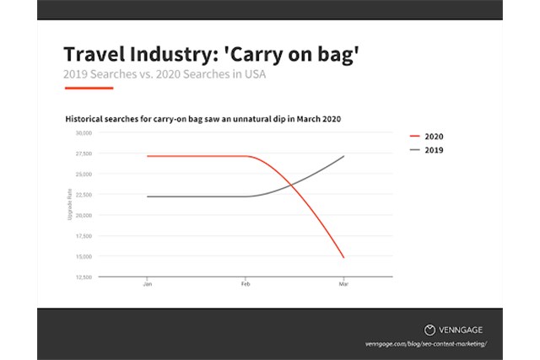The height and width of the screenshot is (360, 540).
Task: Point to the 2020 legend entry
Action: [425, 136]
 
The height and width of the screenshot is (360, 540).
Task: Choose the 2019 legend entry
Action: [425, 149]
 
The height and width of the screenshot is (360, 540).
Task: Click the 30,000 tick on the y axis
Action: [83, 133]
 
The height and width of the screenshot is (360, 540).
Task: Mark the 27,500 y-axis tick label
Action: [83, 153]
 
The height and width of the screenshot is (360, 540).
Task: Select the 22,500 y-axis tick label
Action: [83, 195]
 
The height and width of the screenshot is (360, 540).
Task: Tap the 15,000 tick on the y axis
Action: [83, 256]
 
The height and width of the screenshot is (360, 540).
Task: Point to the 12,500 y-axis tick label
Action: [83, 277]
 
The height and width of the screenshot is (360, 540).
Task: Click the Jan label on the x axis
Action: [147, 284]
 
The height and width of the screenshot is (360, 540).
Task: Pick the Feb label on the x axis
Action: [246, 284]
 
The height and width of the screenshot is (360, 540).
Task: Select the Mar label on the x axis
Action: [343, 284]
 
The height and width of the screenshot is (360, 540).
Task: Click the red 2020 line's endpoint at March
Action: [343, 257]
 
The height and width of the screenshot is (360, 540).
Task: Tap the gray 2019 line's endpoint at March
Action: [343, 156]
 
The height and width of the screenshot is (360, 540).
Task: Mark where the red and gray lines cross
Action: [291, 183]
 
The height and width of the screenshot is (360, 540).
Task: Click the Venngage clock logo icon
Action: [429, 330]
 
